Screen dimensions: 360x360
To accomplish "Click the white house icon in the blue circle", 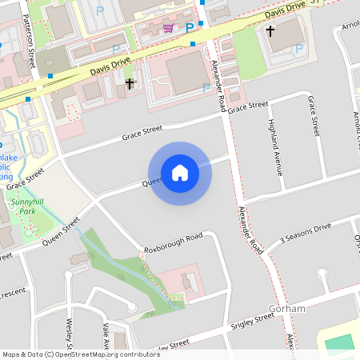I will point(180,172).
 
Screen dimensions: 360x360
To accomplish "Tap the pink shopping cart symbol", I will point(168,28).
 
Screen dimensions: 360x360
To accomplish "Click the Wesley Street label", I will point(70,336).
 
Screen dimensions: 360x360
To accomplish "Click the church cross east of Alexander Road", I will point(270,31).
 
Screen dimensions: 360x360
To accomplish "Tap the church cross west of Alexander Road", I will point(130,83).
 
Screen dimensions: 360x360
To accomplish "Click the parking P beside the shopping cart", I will point(190,28).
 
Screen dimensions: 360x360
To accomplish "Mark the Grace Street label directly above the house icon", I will point(142,132).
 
